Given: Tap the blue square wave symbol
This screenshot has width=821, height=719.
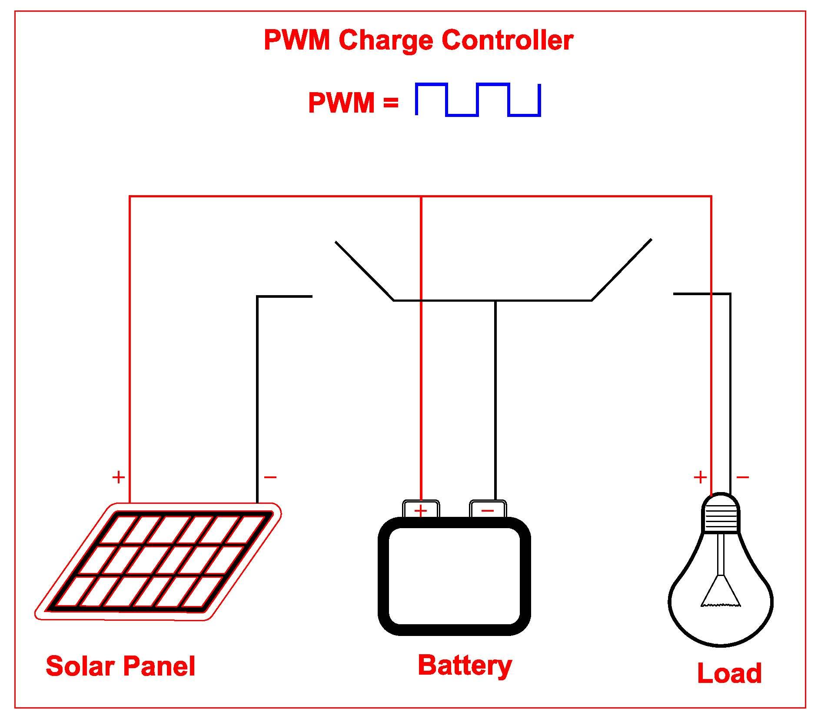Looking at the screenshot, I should click(x=478, y=100).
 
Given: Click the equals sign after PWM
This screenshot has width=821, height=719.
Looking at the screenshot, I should click(x=390, y=103).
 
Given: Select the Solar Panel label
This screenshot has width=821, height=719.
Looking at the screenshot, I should click(x=120, y=666).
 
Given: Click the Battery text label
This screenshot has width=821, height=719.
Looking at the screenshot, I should click(x=465, y=666).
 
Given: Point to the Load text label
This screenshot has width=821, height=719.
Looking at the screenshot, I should click(x=729, y=673).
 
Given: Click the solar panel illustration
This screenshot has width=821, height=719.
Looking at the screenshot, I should click(x=159, y=561).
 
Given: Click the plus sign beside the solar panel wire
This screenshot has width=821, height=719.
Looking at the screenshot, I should click(x=118, y=477).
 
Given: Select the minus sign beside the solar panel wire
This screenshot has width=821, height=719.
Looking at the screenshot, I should click(x=270, y=477).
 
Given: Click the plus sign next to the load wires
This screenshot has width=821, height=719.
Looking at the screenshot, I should click(x=700, y=477).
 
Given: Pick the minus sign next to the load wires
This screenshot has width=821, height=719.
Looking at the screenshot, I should click(x=742, y=477).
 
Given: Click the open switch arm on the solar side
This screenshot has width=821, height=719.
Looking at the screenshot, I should click(x=364, y=271).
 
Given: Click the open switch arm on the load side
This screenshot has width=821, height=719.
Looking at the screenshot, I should click(x=622, y=270).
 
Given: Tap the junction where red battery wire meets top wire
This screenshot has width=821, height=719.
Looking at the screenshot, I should click(x=421, y=196).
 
